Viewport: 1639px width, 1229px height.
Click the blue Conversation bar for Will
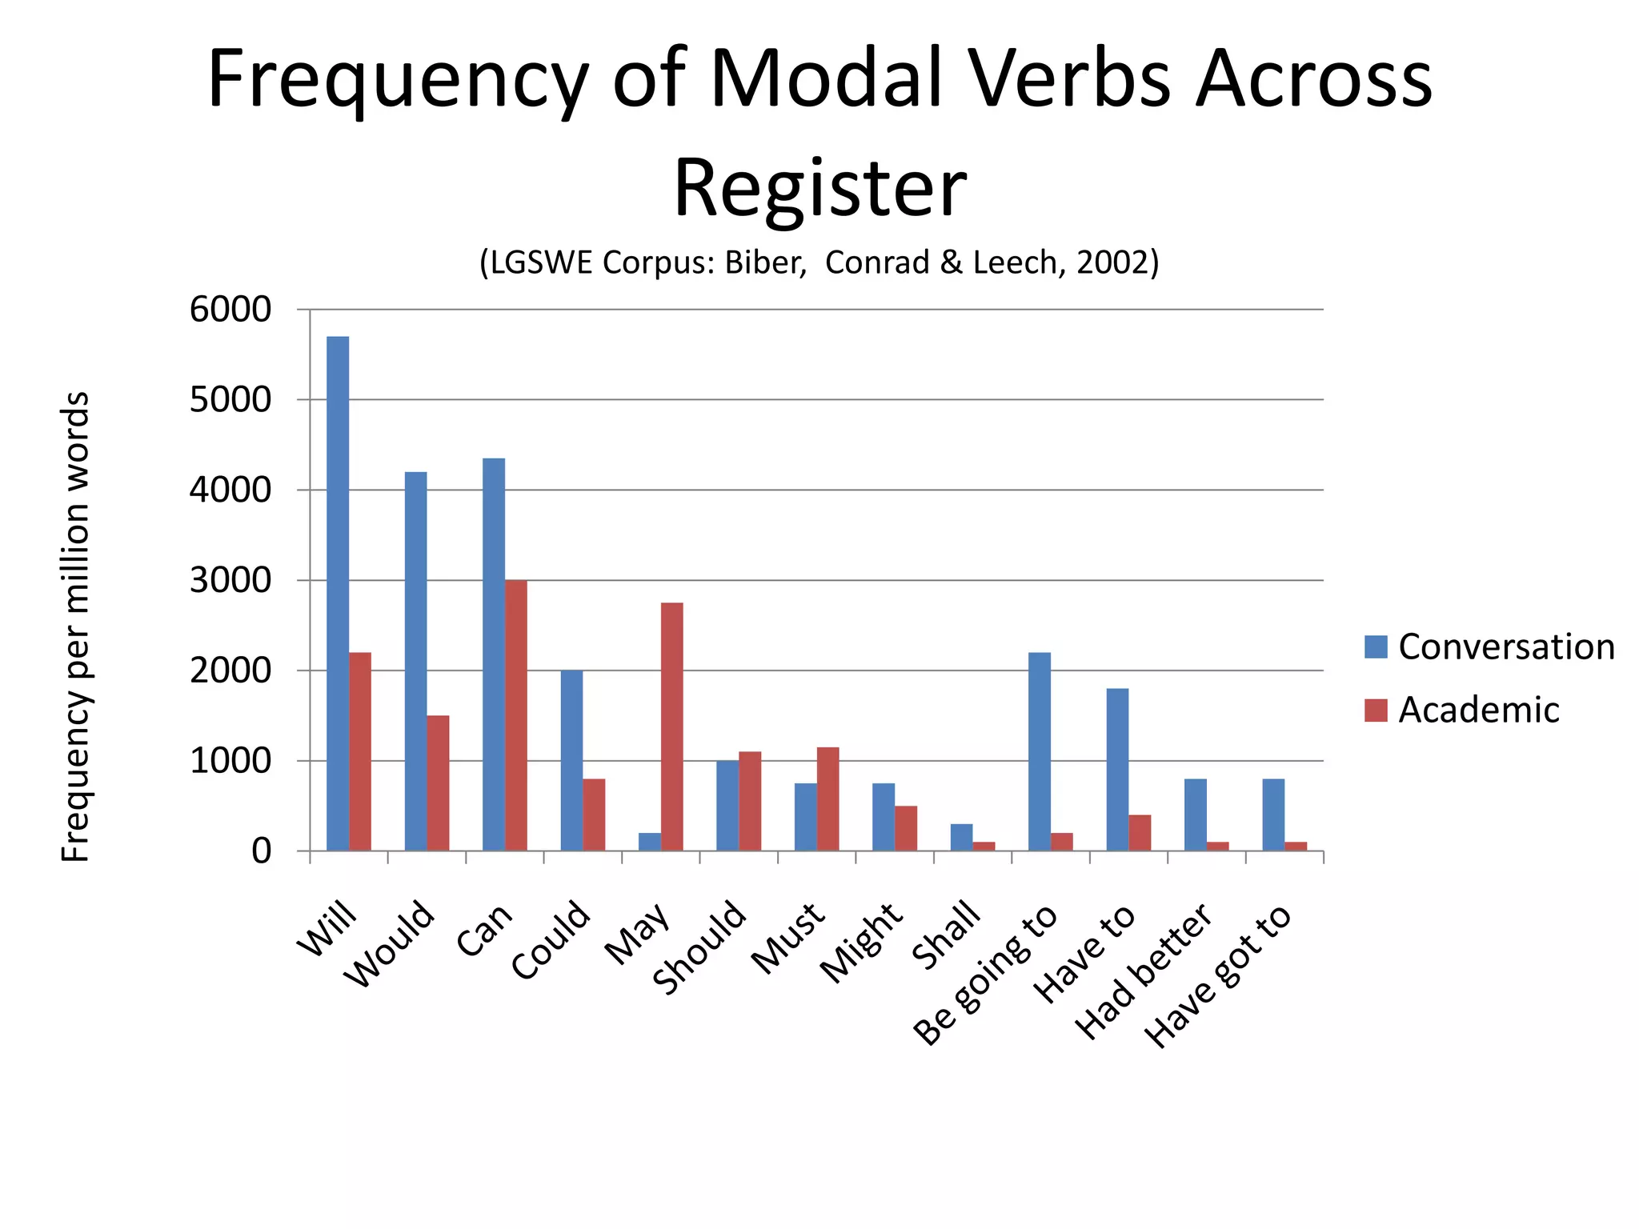pos(338,593)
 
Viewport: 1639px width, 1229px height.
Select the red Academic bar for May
pos(671,727)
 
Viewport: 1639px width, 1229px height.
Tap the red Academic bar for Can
pos(516,715)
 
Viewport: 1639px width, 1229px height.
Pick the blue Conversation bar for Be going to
pos(1039,751)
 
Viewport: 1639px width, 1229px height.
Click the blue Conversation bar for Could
pos(571,760)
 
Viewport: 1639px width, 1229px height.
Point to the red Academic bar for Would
pos(438,783)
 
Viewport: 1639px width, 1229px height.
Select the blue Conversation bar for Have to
pos(1117,769)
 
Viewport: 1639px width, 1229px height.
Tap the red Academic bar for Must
pos(828,799)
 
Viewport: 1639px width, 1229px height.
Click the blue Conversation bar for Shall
pos(961,837)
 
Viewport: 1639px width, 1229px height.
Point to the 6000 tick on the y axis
pos(230,310)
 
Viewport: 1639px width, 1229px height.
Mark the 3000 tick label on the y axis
pos(230,580)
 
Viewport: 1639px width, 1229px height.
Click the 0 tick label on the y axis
pos(261,851)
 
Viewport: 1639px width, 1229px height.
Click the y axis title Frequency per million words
pos(75,626)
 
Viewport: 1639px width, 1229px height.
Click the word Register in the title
pos(819,189)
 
